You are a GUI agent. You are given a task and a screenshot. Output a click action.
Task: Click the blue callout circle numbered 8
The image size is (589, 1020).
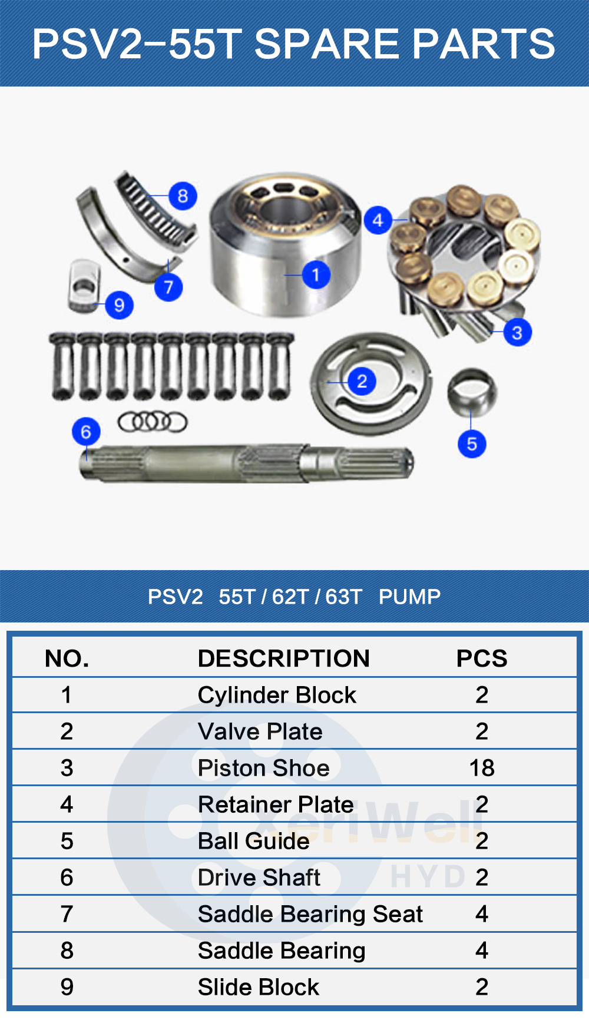[183, 196]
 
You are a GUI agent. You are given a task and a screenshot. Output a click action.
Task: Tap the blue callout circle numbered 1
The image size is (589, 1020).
[316, 274]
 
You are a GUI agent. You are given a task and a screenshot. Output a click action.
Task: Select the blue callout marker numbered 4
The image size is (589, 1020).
[378, 220]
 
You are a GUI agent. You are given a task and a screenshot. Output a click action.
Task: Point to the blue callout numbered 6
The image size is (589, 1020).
[86, 432]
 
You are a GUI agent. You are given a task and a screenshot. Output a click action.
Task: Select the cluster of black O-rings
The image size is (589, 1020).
[153, 422]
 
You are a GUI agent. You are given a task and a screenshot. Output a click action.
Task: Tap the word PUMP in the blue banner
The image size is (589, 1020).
[409, 597]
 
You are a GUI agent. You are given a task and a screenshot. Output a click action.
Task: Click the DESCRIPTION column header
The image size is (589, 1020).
[283, 658]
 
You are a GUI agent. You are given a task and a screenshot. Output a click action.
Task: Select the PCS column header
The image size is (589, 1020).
[481, 658]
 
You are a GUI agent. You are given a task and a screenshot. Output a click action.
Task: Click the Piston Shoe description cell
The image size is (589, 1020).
[263, 768]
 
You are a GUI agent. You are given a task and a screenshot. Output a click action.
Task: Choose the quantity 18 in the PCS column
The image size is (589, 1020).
[481, 768]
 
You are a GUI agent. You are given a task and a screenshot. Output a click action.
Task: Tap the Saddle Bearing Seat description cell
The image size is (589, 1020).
[310, 914]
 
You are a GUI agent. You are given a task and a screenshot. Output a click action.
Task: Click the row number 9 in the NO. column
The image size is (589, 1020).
[67, 987]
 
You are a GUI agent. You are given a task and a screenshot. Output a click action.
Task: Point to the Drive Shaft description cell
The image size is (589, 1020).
[259, 877]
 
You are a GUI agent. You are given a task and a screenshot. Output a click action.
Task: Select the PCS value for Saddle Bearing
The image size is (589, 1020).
[481, 951]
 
